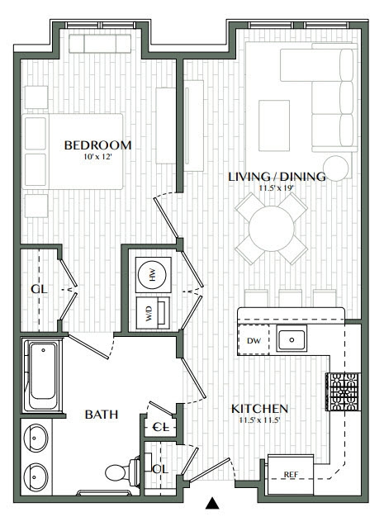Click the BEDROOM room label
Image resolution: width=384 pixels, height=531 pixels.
pos(98,145)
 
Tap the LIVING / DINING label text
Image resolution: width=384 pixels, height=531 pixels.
pos(277,176)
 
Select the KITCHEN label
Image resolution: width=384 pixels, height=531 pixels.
pos(258,409)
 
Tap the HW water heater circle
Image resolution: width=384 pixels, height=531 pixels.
pos(153,275)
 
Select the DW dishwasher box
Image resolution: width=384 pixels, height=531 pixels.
pos(253,339)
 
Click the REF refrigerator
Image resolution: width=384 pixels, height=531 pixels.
pos(290,474)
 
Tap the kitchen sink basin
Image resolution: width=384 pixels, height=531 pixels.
pos(291,339)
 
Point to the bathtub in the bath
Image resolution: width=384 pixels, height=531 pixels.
pos(42,376)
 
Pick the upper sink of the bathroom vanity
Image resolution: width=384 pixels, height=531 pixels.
pos(38,439)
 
